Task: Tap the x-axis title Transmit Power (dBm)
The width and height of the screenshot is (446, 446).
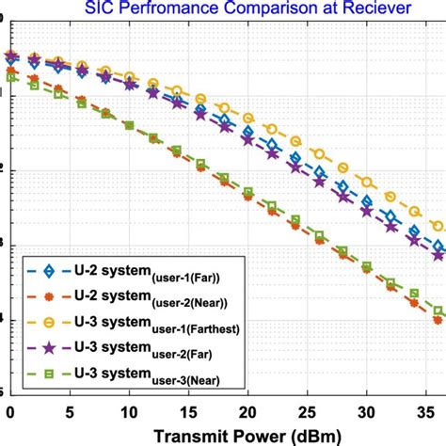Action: (x=224, y=436)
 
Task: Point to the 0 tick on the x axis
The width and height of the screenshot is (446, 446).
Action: (x=10, y=412)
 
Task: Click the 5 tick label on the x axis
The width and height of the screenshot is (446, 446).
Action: (x=70, y=412)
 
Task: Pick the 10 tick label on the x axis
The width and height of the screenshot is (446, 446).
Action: (x=129, y=412)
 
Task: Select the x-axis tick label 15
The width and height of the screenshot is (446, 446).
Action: (x=188, y=412)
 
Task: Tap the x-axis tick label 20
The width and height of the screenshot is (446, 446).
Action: (x=247, y=412)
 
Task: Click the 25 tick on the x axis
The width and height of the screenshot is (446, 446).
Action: (x=306, y=412)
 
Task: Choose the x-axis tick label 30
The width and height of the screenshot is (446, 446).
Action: (x=365, y=412)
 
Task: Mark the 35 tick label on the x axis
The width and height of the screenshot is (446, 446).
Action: (x=424, y=412)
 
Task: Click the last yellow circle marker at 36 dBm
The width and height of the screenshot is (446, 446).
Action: (x=436, y=226)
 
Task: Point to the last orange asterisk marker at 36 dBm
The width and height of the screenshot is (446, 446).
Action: (x=436, y=320)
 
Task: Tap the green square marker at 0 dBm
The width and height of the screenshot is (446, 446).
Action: (x=10, y=79)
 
